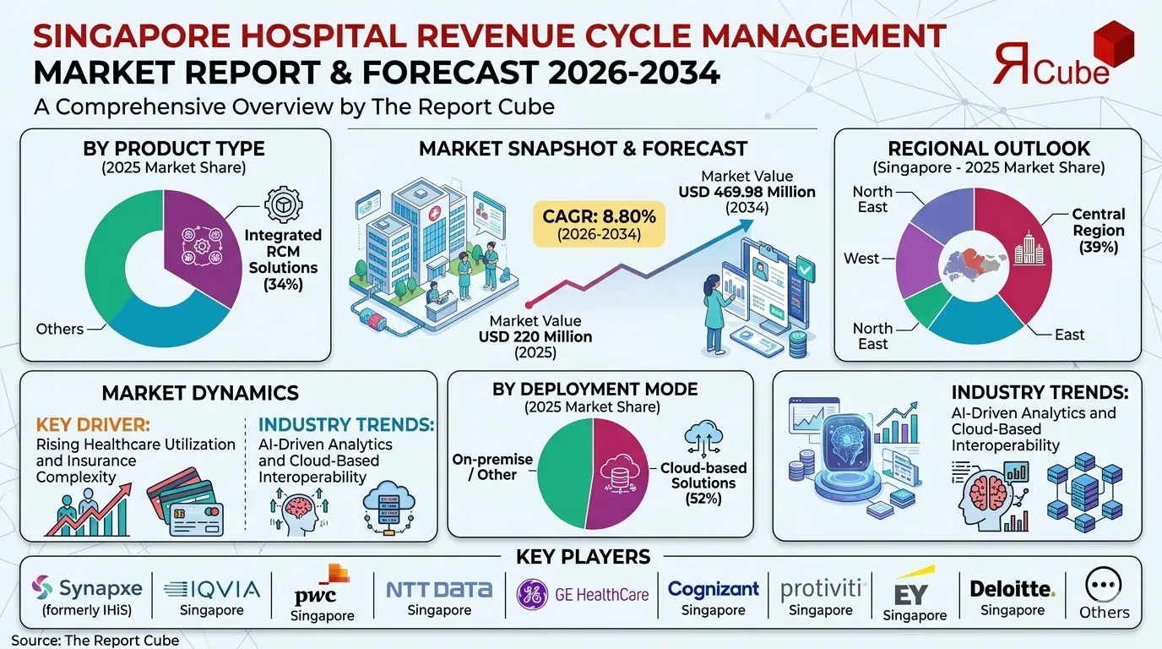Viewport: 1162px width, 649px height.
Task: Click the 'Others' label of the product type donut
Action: click(x=60, y=328)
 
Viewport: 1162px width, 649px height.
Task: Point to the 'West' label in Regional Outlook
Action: click(x=861, y=259)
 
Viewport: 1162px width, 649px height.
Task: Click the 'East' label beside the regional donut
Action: click(x=1069, y=335)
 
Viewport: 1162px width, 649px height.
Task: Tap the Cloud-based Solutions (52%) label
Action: click(x=703, y=483)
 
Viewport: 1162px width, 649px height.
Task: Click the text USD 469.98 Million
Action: click(x=747, y=192)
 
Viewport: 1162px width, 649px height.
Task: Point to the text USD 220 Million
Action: click(x=535, y=336)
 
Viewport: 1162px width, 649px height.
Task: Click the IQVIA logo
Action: click(x=213, y=589)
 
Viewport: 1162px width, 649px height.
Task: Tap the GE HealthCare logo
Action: click(x=583, y=594)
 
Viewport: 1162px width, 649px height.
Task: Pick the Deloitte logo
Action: click(x=1013, y=588)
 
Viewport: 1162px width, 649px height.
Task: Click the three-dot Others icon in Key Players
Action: click(x=1104, y=585)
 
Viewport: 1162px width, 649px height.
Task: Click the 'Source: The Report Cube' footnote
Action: click(x=95, y=640)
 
